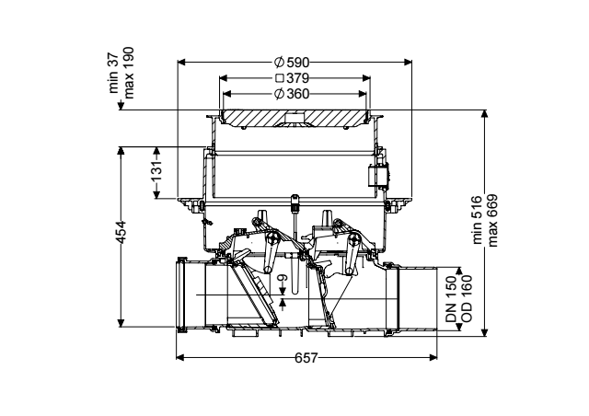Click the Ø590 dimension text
292,62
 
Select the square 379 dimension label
293,78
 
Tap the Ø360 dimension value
292,94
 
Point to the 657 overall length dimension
306,358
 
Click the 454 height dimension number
121,233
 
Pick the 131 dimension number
156,170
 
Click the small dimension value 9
283,278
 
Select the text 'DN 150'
451,299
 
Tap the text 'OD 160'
466,299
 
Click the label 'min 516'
477,220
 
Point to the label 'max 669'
491,220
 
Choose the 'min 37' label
113,73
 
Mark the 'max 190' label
129,73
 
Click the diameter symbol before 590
279,62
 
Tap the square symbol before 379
280,78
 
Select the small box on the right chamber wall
378,176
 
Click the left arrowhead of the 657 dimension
180,357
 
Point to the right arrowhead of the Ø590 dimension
408,63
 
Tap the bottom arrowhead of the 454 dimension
121,323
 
